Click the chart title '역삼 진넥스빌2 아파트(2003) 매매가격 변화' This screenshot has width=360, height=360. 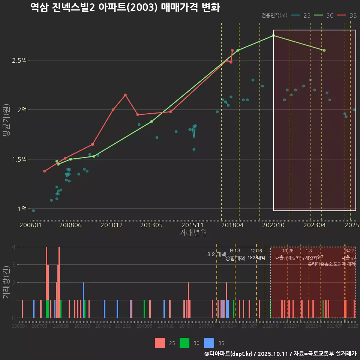pos(125,7)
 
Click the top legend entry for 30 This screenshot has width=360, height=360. pos(324,15)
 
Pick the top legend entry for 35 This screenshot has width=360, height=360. pos(347,15)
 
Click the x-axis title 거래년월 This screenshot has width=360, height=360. pos(193,232)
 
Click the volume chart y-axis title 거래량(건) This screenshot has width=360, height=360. pos(6,282)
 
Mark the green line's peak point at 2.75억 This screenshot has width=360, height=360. pos(273,35)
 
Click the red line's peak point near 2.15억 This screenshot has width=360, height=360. pos(125,95)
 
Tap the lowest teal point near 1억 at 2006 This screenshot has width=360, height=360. pos(33,211)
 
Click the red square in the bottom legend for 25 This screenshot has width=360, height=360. pos(160,343)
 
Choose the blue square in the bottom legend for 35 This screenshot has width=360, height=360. pos(209,343)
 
